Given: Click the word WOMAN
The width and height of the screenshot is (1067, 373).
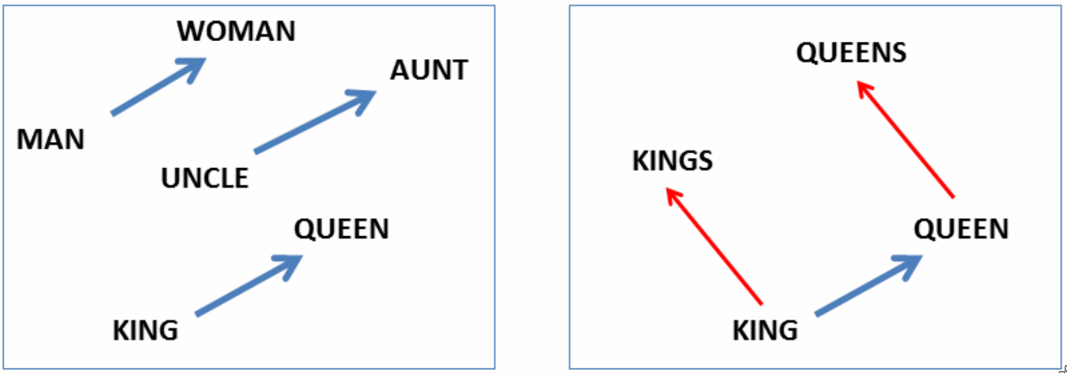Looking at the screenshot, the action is point(236,31).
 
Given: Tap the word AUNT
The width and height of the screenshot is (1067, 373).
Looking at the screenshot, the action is point(428,70).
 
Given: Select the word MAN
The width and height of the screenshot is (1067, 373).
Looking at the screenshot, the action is point(51,140).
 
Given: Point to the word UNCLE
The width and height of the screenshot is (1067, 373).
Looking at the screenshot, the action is point(205,178).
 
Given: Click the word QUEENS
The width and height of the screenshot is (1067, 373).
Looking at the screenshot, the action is point(851,52).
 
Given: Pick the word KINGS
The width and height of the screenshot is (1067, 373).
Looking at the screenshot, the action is point(672,161).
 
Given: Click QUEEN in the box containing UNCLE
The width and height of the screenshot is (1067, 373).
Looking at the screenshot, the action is point(341,229).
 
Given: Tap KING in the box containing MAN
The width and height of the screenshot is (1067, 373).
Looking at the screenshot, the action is point(145,330).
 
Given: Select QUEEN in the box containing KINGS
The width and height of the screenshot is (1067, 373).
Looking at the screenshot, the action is point(961,229).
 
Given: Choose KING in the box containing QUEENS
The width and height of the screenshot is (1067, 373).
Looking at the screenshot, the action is point(765,330).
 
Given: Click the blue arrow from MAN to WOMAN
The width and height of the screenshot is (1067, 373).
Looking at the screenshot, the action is point(159,86).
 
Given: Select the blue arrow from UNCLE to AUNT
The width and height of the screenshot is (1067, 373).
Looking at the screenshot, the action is point(315,122).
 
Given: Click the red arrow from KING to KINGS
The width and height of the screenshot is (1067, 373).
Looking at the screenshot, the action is point(713,246).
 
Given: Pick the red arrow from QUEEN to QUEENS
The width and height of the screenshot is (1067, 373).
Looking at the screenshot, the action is point(905,138).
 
